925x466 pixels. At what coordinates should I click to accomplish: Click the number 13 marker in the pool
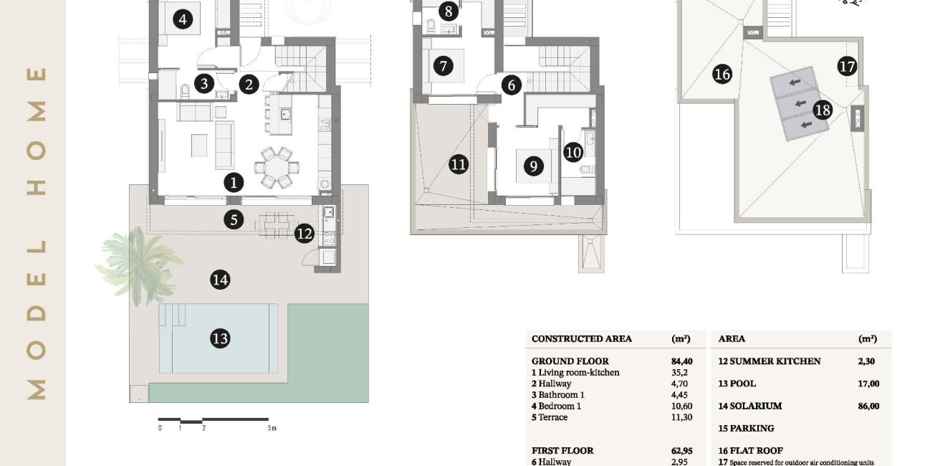click(220, 338)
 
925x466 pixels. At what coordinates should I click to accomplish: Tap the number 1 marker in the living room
click(234, 182)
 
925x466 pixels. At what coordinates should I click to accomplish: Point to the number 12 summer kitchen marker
click(305, 233)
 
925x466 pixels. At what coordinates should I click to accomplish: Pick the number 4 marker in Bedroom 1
click(183, 19)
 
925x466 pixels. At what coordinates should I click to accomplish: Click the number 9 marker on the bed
click(532, 166)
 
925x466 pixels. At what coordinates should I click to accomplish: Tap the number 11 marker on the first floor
click(459, 165)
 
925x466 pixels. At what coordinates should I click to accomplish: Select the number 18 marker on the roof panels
click(823, 110)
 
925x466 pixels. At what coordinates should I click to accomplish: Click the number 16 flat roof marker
click(722, 74)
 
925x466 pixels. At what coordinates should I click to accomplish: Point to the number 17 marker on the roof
click(847, 67)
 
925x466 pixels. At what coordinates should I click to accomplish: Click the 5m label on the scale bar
click(272, 428)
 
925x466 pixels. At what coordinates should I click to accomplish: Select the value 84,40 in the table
click(681, 361)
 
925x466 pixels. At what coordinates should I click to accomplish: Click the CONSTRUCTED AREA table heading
click(582, 339)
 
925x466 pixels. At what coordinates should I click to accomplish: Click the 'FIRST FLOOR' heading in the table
click(562, 451)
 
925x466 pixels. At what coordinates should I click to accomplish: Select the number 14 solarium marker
click(220, 280)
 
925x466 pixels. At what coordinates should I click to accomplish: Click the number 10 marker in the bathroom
click(573, 151)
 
